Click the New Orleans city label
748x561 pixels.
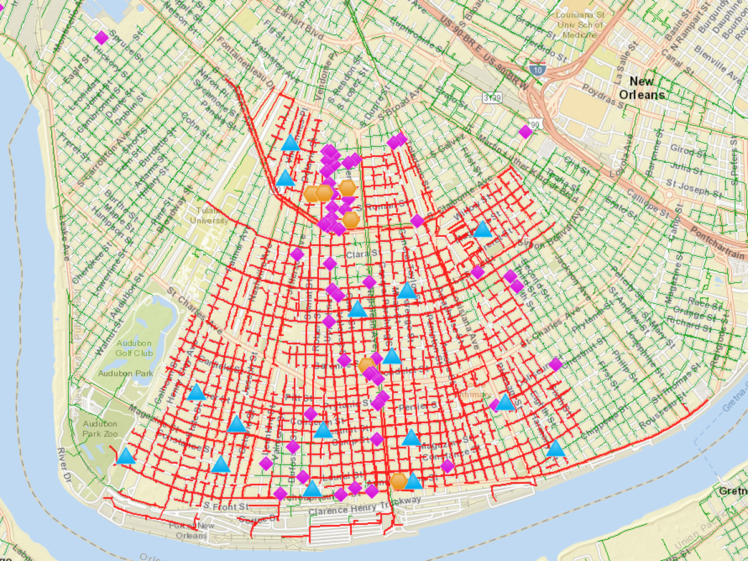tap(641, 88)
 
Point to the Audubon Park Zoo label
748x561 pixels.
tap(100, 428)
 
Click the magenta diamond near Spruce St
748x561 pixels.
tap(101, 38)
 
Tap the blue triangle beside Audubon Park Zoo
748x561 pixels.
tap(126, 456)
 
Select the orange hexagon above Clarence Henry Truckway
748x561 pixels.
tap(399, 481)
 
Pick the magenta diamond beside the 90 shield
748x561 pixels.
tap(525, 132)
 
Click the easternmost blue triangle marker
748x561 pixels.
tap(555, 449)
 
